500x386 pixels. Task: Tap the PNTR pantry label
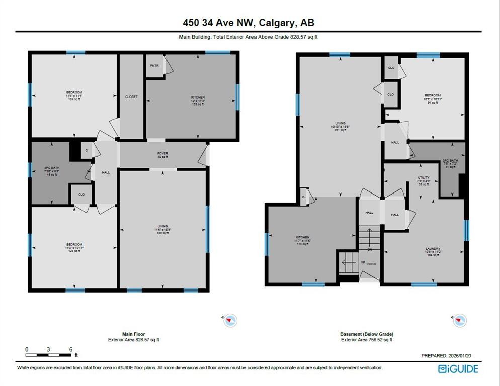point(154,66)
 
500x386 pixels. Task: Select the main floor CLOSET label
point(131,96)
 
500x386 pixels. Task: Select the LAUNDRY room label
point(433,249)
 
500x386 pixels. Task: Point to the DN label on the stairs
point(369,250)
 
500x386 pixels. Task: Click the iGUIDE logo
point(458,369)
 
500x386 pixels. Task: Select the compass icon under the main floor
point(230,320)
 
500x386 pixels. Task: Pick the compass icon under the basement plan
point(459,320)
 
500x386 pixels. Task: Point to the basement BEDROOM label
point(433,95)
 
